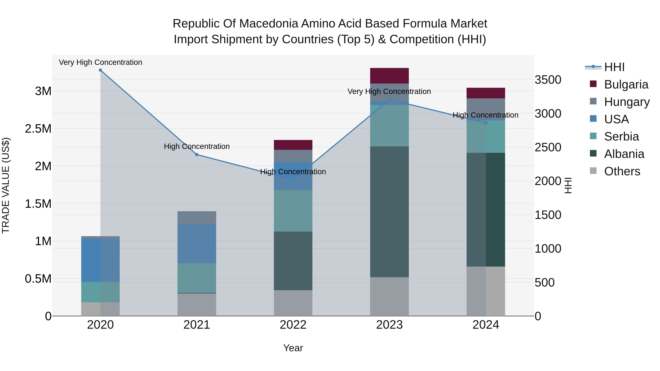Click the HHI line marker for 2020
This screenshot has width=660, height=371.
pos(100,70)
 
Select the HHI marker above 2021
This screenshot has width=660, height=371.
pos(197,155)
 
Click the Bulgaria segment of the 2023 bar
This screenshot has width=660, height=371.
pos(389,76)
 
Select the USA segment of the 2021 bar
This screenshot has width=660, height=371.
pos(197,244)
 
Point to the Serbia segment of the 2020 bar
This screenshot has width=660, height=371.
pos(100,292)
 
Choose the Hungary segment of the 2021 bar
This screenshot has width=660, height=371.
pos(197,218)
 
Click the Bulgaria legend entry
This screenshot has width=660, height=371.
pos(626,84)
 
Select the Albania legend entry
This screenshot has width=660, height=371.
pos(624,154)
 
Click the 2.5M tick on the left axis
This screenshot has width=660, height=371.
pos(38,129)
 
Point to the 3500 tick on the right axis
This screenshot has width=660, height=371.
pos(548,80)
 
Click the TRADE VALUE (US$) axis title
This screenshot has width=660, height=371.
pos(6,185)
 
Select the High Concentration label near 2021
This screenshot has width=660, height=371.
pos(197,146)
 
